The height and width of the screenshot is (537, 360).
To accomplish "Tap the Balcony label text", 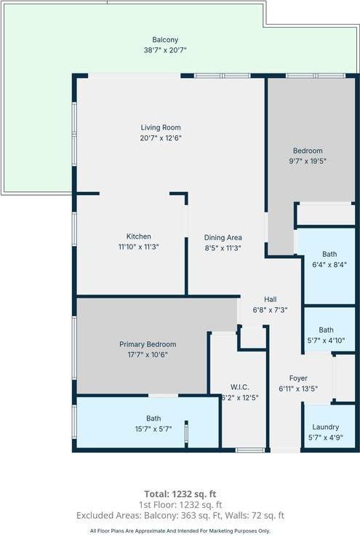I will click(165, 40).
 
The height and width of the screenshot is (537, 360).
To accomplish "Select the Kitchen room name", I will click(139, 236).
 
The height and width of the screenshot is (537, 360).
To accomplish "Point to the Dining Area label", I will click(223, 237).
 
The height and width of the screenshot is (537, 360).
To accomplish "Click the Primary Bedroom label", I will click(148, 344).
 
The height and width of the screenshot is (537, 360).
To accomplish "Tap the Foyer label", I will click(297, 378).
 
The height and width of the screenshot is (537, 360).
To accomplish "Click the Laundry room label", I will click(326, 427).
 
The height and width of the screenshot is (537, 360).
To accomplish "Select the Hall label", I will click(270, 299).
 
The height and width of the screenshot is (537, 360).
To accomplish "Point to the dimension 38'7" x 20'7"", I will click(165, 50).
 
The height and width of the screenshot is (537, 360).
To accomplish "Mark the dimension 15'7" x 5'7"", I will click(153, 429).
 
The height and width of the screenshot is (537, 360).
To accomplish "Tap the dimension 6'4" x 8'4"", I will click(329, 264).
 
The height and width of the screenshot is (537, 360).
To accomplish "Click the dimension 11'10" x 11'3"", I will click(138, 247).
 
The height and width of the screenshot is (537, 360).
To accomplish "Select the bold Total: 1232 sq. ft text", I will click(180, 493).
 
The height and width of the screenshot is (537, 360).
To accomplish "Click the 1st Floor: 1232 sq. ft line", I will click(180, 504).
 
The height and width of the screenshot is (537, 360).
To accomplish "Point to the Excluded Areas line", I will click(180, 515).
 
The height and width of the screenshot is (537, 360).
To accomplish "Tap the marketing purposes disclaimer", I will click(180, 531).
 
